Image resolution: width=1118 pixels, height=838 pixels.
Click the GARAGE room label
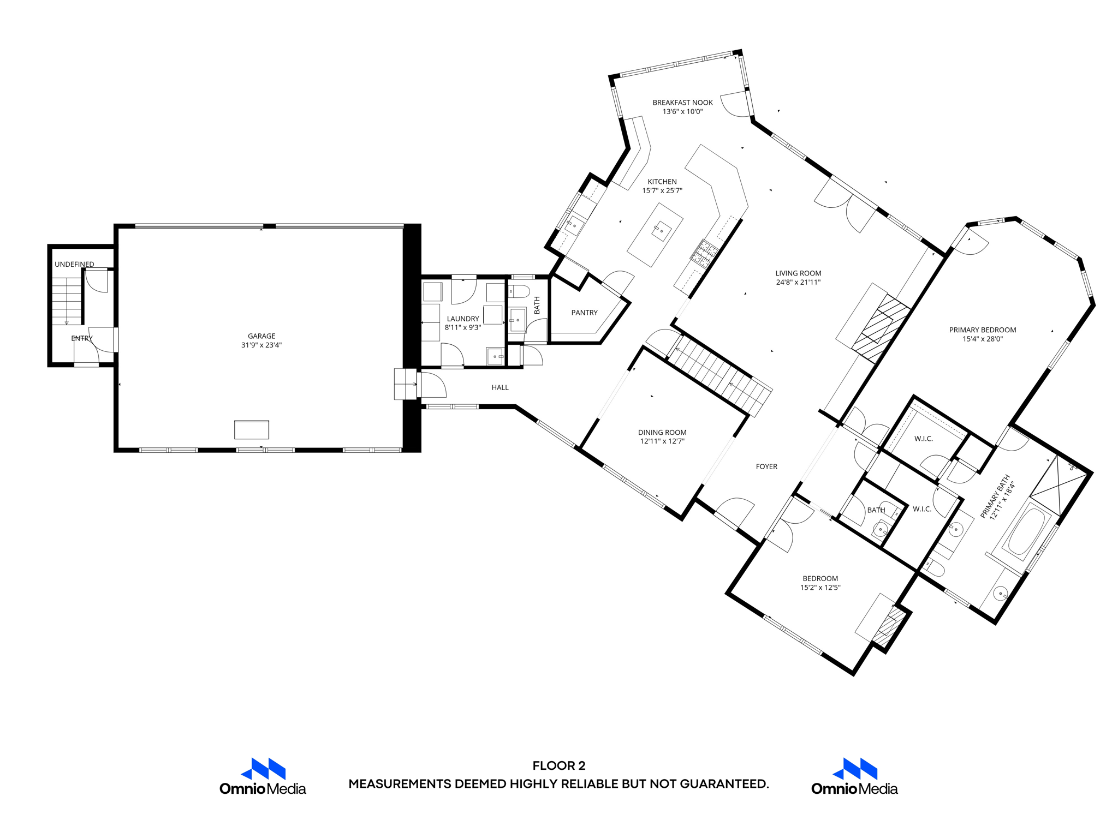261,336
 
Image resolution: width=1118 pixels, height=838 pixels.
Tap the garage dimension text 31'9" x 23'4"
261,345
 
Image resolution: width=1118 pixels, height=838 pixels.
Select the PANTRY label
584,313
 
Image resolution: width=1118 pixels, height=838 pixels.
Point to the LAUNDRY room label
463,319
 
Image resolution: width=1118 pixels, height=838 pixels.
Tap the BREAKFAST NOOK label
682,103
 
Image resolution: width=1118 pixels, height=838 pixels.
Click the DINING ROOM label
662,432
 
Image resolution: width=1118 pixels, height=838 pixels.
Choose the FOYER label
766,466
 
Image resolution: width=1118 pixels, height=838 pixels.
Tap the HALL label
499,387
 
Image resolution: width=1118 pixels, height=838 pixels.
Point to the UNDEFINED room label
74,264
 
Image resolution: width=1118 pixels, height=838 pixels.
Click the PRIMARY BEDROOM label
982,330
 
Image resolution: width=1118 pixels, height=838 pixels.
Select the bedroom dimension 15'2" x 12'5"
820,588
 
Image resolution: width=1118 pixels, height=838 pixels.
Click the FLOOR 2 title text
558,765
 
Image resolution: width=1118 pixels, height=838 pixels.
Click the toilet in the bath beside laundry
520,291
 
